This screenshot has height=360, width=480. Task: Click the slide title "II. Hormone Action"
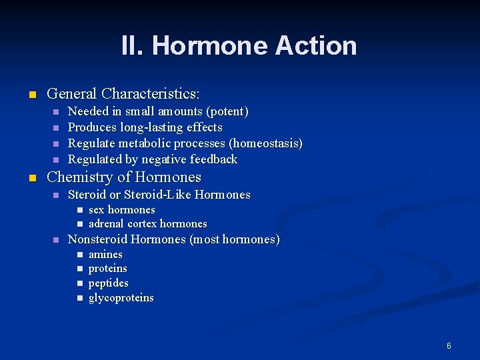coord(239,46)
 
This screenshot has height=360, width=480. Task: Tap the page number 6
coord(449,346)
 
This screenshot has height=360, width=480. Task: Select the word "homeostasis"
coord(265,143)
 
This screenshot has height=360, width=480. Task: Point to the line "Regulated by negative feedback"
coord(153,159)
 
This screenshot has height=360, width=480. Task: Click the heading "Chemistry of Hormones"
coord(124,177)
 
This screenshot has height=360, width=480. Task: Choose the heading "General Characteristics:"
coord(123,94)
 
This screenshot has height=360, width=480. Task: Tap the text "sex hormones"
coord(121,209)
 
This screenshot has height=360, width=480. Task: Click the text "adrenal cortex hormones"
coord(147,224)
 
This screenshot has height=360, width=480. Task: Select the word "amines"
coord(105,255)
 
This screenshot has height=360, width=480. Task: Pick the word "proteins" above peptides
coord(107,269)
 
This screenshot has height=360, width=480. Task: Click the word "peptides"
coord(108,283)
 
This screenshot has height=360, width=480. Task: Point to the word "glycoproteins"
coord(121,298)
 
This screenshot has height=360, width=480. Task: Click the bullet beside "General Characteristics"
coord(31,95)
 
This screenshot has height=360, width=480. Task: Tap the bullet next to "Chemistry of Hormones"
coord(31,178)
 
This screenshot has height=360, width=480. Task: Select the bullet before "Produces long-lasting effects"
coord(56,127)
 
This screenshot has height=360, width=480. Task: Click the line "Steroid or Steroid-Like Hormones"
coord(159,195)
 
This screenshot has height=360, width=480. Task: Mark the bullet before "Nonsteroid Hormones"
coord(56,239)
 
